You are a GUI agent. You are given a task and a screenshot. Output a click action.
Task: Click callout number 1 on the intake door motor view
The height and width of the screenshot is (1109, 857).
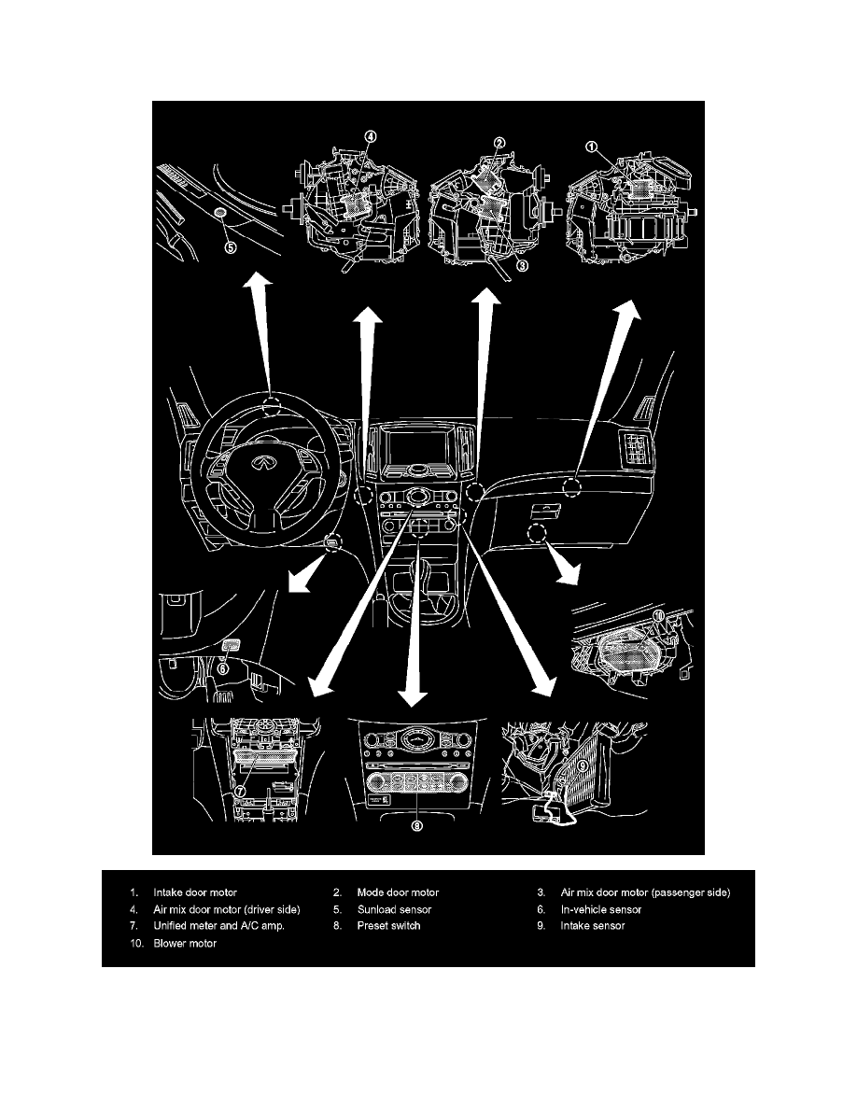coord(591,147)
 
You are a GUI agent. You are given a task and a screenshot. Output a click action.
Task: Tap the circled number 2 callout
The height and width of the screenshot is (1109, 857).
coord(499,143)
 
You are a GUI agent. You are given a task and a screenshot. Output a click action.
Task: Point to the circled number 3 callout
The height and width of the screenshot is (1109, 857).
coord(523,264)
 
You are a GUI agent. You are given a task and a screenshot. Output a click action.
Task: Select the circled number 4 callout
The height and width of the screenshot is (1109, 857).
coord(371,137)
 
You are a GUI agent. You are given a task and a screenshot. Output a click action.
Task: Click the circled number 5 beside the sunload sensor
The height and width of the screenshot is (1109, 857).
coord(230,247)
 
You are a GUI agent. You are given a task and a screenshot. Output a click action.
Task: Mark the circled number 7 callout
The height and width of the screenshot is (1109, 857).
coord(240,791)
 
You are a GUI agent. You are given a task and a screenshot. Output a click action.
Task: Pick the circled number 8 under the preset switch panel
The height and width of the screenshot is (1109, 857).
coord(417,825)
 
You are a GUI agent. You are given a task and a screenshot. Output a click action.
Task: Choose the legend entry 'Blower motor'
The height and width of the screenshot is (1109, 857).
coord(185,944)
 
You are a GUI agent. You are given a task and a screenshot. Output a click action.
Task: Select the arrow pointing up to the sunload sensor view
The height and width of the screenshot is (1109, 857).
coord(262,327)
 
